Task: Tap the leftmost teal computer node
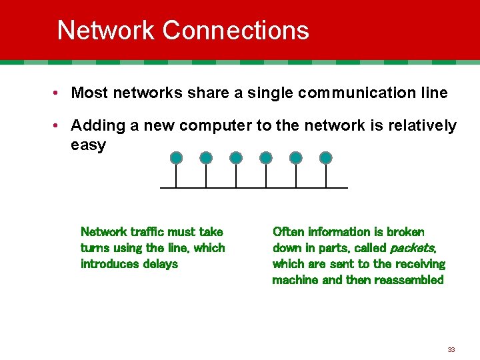click(176, 158)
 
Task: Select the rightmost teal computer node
click(325, 158)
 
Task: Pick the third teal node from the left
click(236, 158)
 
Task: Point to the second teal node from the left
click(206, 158)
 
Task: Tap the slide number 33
click(451, 349)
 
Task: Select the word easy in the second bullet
click(88, 145)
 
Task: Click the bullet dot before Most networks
click(59, 93)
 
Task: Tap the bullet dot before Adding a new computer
click(59, 126)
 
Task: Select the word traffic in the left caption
click(146, 232)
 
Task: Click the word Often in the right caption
click(288, 232)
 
